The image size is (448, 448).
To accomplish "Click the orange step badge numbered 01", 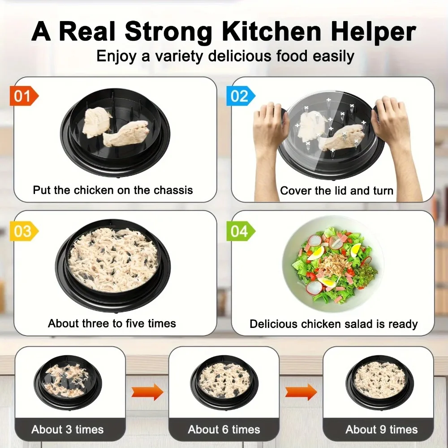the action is click(24, 96).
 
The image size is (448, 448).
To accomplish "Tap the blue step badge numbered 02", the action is click(241, 96).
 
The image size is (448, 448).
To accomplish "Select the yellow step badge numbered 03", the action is click(24, 231).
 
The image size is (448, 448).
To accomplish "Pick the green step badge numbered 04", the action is click(241, 231).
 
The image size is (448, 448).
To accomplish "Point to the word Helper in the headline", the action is click(374, 32).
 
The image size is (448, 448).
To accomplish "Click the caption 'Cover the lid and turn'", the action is click(336, 190).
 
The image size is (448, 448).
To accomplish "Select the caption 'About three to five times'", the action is click(112, 323).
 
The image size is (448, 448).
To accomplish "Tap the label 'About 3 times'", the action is click(68, 430).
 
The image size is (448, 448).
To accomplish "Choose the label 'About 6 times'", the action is click(224, 430).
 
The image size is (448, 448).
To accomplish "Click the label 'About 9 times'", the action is click(381, 430).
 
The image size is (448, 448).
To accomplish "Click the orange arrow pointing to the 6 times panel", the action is click(147, 392).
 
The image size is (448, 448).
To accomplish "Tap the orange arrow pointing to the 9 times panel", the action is click(301, 392).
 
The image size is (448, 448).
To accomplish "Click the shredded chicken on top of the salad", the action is click(334, 264).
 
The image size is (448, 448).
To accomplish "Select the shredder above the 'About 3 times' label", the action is click(68, 382).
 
